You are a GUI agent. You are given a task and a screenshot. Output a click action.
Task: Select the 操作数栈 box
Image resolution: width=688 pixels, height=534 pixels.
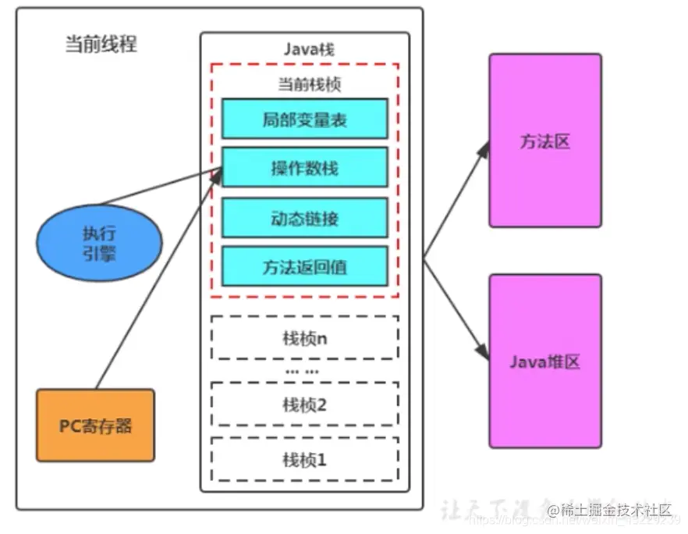(x=304, y=168)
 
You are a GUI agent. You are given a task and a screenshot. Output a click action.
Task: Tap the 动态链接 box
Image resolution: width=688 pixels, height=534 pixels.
(x=304, y=218)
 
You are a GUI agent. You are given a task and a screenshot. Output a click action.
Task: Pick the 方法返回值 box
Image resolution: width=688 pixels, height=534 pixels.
(x=304, y=267)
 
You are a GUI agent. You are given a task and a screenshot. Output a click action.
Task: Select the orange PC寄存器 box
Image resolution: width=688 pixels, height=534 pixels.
(x=95, y=425)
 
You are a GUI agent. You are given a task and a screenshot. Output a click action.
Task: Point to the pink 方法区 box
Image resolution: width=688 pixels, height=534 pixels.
(x=544, y=141)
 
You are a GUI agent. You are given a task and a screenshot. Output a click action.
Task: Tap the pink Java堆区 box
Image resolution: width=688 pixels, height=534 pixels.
(x=544, y=361)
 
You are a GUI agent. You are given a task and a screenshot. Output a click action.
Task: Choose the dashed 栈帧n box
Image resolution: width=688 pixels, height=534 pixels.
(x=304, y=338)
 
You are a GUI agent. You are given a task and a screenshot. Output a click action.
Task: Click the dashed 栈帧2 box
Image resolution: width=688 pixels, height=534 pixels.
(x=304, y=404)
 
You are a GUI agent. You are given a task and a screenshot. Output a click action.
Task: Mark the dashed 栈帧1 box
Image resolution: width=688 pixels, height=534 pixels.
(x=304, y=459)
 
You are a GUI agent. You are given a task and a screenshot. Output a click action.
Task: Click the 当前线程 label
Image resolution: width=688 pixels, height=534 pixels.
(x=101, y=44)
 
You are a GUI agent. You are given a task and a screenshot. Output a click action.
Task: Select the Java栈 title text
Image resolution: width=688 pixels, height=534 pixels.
(x=305, y=48)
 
